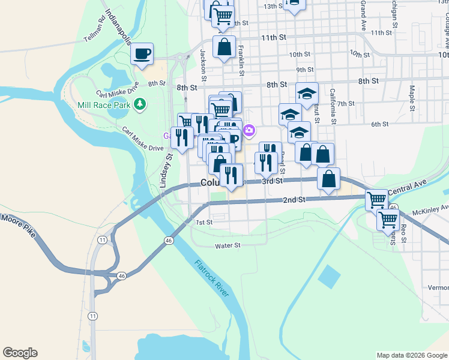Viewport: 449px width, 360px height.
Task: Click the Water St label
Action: coord(228,245)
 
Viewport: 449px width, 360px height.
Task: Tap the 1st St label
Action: coord(205,223)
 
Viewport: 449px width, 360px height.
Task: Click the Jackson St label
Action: coord(203,65)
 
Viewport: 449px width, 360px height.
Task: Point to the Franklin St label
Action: coord(241,61)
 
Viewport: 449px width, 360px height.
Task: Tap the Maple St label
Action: coord(412,98)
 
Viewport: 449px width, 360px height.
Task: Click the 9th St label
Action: coord(305,70)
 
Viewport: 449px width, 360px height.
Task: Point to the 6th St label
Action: coord(380,124)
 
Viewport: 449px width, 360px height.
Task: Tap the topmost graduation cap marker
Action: coord(306,94)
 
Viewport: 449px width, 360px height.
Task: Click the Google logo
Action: coord(20,353)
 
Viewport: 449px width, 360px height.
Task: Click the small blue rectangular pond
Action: coord(329,277)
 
